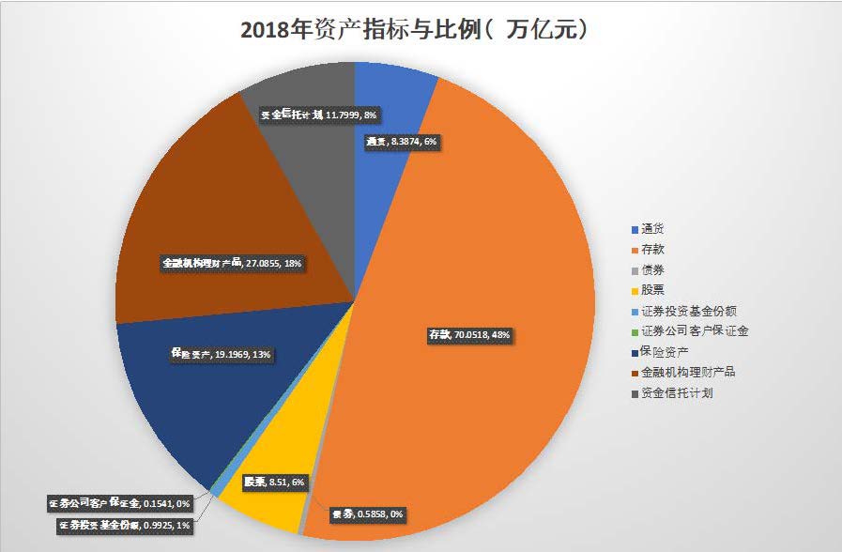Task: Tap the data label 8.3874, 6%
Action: [x=402, y=142]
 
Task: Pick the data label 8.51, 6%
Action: [x=274, y=482]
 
